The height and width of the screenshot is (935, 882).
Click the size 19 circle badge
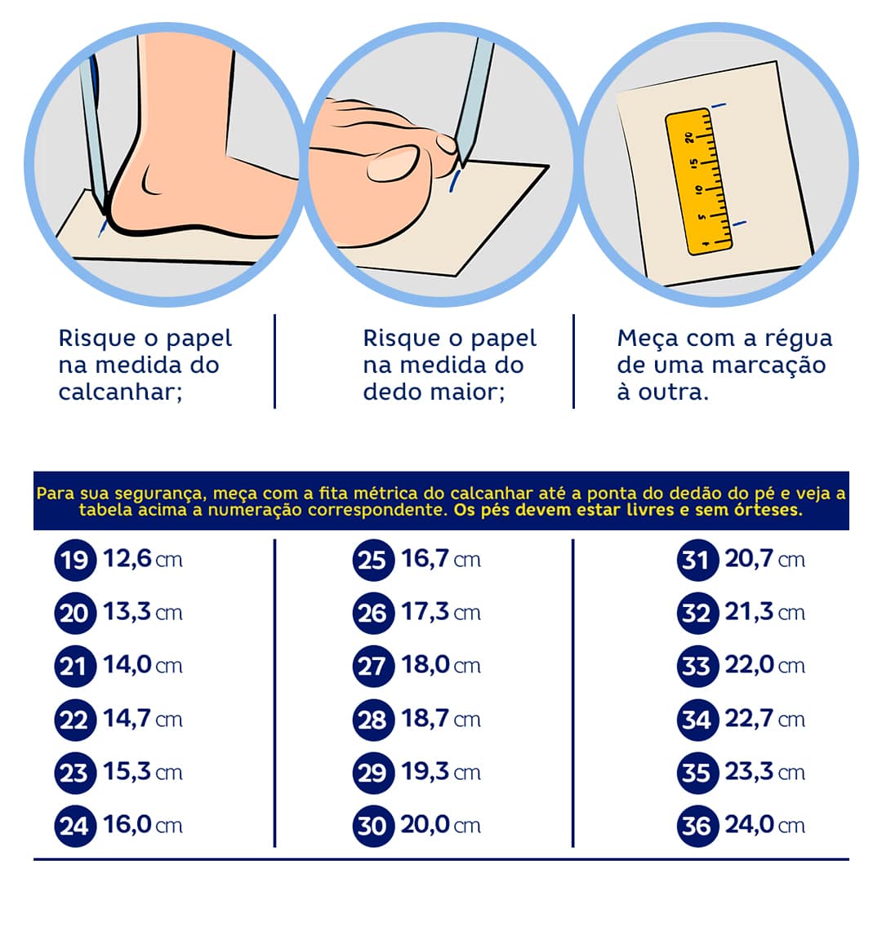coord(75,560)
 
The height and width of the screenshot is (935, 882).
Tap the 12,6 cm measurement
coord(143,560)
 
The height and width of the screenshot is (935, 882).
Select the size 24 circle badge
coord(75,826)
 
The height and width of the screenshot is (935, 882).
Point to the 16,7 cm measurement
coord(440,560)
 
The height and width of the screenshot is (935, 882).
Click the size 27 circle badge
coord(373,666)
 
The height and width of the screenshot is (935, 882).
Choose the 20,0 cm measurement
coord(440,826)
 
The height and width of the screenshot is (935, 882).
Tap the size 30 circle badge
coord(373,826)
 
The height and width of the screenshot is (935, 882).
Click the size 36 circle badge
coord(697,826)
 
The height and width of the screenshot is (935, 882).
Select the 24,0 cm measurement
coord(765,826)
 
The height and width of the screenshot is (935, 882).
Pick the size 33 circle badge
coord(697,666)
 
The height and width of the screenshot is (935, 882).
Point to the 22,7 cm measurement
coord(765,719)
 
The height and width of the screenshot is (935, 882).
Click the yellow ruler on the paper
coord(699,181)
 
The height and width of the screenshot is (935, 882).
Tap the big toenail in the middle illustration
coord(393,164)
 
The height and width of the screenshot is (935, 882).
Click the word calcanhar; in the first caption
coord(121,392)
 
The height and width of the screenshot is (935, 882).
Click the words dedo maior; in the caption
coord(434,392)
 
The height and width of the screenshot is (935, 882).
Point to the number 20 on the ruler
coord(689,138)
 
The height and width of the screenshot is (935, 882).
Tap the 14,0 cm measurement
coord(143,666)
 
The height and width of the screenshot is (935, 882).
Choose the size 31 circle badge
coord(697,560)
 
